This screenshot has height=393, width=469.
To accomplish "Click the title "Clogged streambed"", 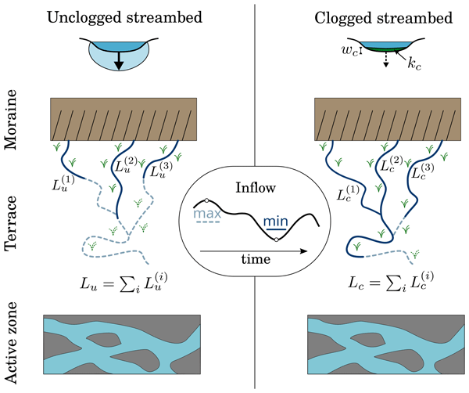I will pos(382,17).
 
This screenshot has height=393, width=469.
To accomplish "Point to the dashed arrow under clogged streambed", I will pos(384,61).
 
